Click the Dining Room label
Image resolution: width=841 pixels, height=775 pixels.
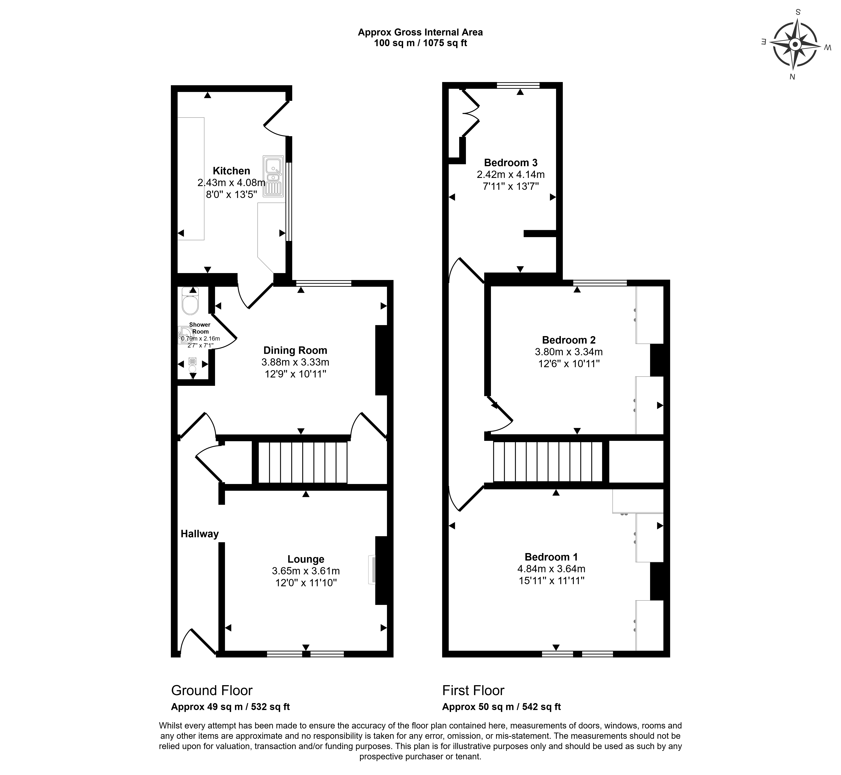295,350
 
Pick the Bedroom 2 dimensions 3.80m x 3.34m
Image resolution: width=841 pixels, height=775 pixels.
569,352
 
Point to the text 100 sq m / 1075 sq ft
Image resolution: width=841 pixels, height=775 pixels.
420,43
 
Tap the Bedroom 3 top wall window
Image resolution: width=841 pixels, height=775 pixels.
518,86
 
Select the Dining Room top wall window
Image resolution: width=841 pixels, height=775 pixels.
323,284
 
